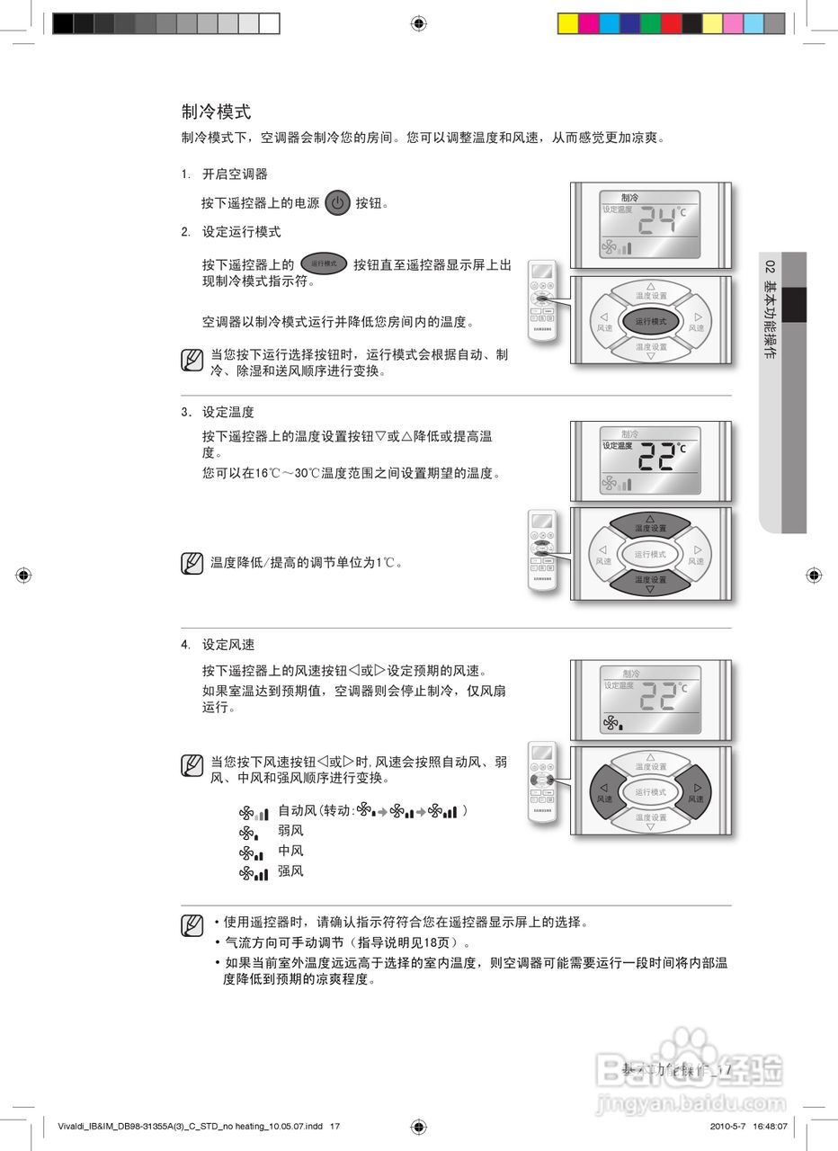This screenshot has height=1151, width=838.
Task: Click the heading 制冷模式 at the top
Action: point(216,112)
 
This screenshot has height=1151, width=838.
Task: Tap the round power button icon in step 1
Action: point(337,203)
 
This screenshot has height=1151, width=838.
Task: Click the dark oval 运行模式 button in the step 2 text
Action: point(324,263)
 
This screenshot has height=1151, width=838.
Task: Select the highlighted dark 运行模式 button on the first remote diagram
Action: point(650,321)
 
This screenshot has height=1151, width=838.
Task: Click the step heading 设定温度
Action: point(227,412)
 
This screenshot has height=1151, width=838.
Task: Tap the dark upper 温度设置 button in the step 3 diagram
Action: point(650,525)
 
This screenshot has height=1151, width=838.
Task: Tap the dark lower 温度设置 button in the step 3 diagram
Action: point(650,582)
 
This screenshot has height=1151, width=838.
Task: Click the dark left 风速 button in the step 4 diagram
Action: point(605,792)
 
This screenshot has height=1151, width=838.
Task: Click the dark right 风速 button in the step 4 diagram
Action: point(695,792)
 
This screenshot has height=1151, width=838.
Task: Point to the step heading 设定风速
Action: point(227,645)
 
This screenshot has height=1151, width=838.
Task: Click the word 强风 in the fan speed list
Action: point(290,871)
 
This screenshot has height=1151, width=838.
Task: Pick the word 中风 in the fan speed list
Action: point(290,851)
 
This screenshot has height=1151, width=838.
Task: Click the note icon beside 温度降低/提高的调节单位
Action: point(192,563)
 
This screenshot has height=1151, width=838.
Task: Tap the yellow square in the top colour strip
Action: point(567,23)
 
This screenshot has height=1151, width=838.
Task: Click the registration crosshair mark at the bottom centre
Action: point(418,1126)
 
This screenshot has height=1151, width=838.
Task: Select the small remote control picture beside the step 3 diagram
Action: point(542,551)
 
